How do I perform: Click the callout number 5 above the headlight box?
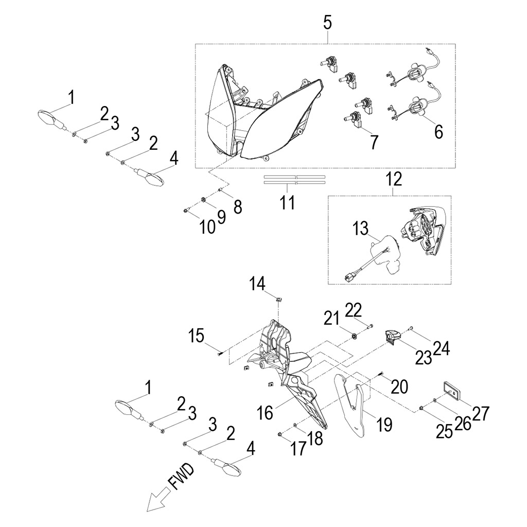click(327, 22)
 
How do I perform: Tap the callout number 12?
click(394, 180)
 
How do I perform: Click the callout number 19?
click(383, 425)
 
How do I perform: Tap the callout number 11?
click(287, 202)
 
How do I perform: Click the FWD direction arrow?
click(154, 501)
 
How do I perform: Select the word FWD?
click(181, 477)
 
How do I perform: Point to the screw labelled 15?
click(220, 353)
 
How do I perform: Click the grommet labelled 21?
click(354, 336)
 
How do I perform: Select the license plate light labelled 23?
click(392, 337)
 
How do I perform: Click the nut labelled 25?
click(421, 409)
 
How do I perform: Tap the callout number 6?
click(438, 131)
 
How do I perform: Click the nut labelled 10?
click(186, 210)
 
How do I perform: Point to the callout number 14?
click(257, 283)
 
